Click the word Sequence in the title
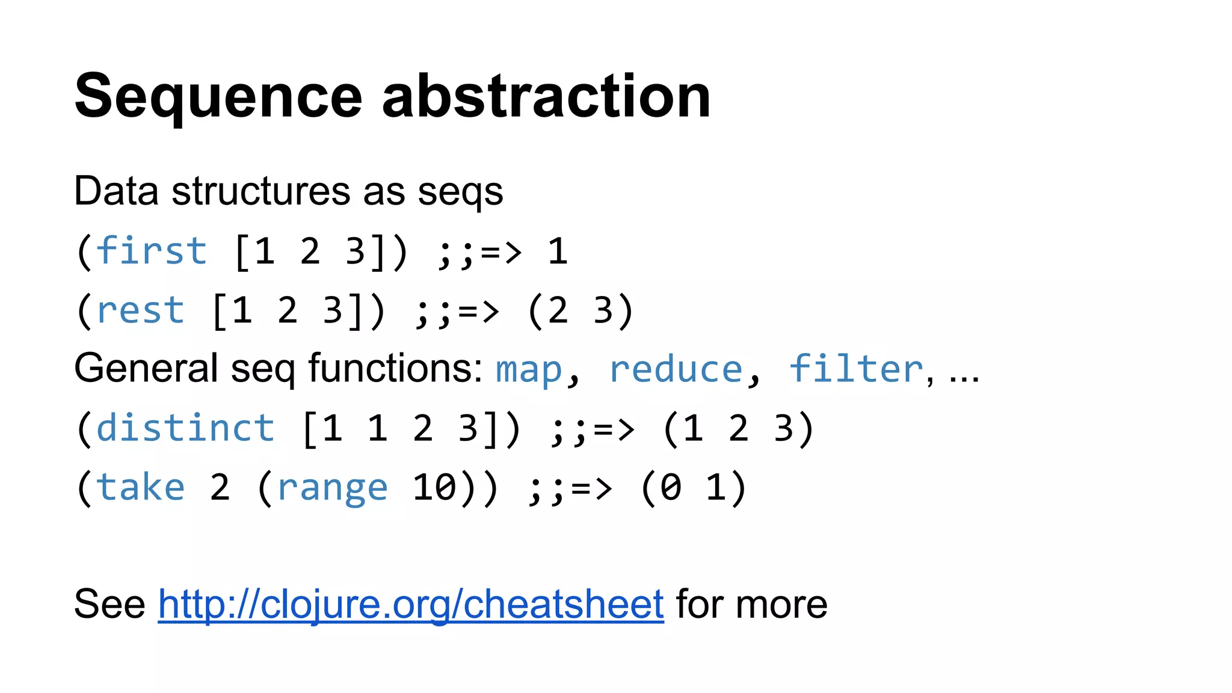218,96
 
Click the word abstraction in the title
546,96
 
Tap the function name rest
140,310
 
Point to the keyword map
529,369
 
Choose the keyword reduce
676,369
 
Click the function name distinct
185,428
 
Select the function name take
140,487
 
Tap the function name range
332,487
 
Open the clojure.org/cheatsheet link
411,603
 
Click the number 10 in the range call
434,487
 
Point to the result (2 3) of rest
581,310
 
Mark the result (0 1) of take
694,487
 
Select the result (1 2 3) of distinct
739,428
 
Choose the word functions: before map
395,368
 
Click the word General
146,368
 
